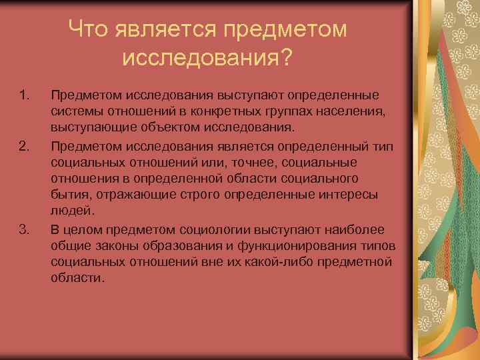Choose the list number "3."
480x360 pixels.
click(25, 230)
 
